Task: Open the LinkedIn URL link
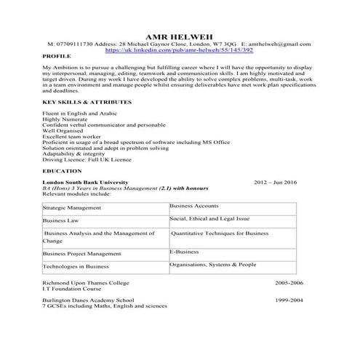point(179,50)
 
